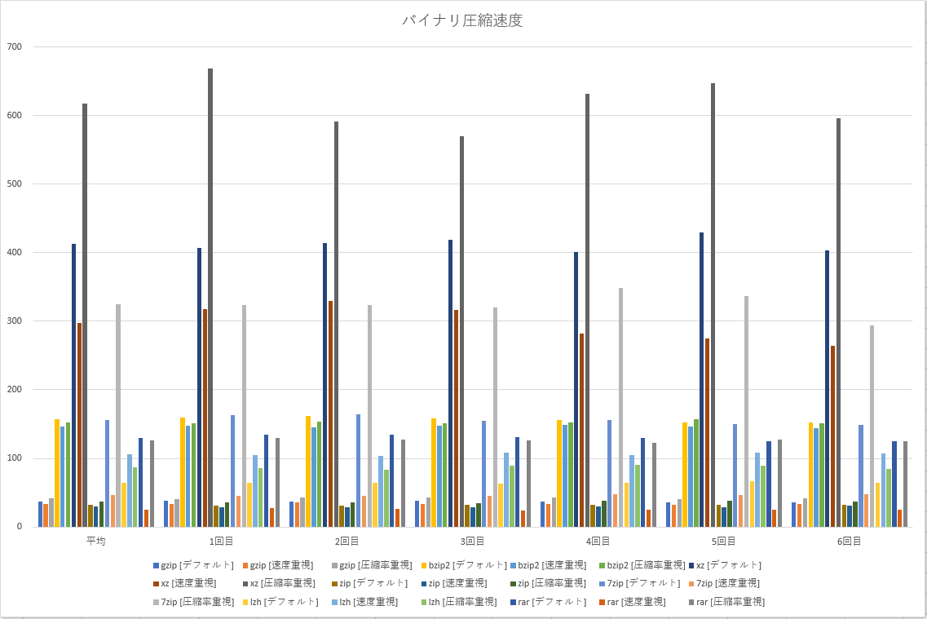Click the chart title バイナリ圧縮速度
[462, 21]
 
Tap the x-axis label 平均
[95, 541]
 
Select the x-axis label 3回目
[472, 541]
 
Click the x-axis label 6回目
[849, 541]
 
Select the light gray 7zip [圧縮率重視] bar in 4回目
[620, 407]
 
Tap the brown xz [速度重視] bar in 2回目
[330, 413]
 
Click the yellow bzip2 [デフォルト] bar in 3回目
[434, 472]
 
